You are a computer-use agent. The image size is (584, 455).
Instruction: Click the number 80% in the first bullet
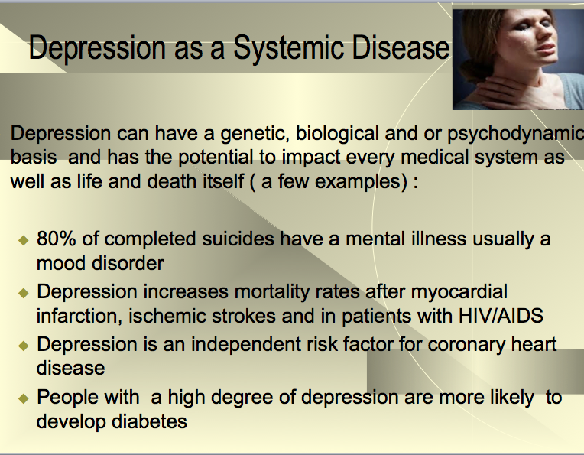pos(57,239)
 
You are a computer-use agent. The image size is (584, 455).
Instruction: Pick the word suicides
pos(238,239)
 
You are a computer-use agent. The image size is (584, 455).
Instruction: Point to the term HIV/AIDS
pos(501,316)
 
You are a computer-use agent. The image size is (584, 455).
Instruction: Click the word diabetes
pos(149,421)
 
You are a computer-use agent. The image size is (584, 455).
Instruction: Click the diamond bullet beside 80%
pos(23,240)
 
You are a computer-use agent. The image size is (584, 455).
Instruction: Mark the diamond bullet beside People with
pos(23,398)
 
